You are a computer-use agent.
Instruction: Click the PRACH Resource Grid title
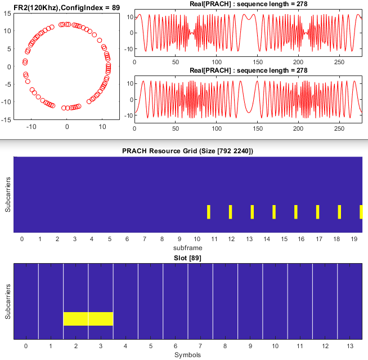coord(187,151)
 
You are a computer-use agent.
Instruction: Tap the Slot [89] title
coord(187,257)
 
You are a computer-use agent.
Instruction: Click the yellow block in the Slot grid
coord(88,318)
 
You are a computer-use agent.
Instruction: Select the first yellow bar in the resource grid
coord(208,212)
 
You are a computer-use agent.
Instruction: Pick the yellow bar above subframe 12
coord(230,212)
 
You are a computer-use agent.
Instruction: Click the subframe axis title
coord(187,247)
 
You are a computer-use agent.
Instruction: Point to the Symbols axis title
coord(187,354)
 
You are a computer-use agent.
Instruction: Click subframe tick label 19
coord(353,239)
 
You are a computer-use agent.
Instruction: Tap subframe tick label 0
coord(22,239)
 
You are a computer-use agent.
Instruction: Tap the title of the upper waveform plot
coord(248,5)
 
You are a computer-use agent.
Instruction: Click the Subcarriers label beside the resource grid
coord(7,195)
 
